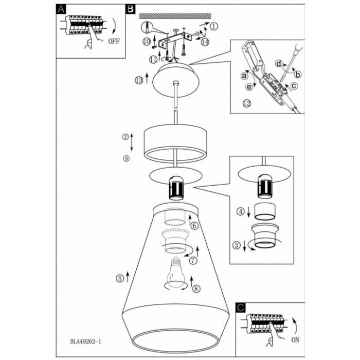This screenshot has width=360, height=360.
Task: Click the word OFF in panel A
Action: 114,41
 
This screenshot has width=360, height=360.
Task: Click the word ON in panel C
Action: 295,339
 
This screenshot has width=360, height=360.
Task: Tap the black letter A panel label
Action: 61,9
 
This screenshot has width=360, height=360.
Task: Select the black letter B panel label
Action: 131,9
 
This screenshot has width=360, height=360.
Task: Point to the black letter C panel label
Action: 241,308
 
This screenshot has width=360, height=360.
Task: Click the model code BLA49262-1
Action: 86,341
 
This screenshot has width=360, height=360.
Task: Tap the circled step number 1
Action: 214,26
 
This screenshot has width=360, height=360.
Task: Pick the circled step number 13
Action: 139,80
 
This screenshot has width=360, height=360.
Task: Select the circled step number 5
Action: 120,279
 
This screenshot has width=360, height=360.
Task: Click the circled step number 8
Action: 196,289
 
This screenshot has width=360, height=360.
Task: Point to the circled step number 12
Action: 246,103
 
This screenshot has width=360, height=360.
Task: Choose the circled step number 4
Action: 240,211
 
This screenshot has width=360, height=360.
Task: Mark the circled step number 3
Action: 237,245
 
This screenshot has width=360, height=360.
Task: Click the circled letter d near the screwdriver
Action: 279,64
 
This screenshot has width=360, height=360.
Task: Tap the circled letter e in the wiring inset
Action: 248,87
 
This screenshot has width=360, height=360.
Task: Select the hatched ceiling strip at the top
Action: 175,15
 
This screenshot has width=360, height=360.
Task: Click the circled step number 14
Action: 205,42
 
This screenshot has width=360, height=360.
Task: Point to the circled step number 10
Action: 147,42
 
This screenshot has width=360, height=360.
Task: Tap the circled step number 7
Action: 193,260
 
